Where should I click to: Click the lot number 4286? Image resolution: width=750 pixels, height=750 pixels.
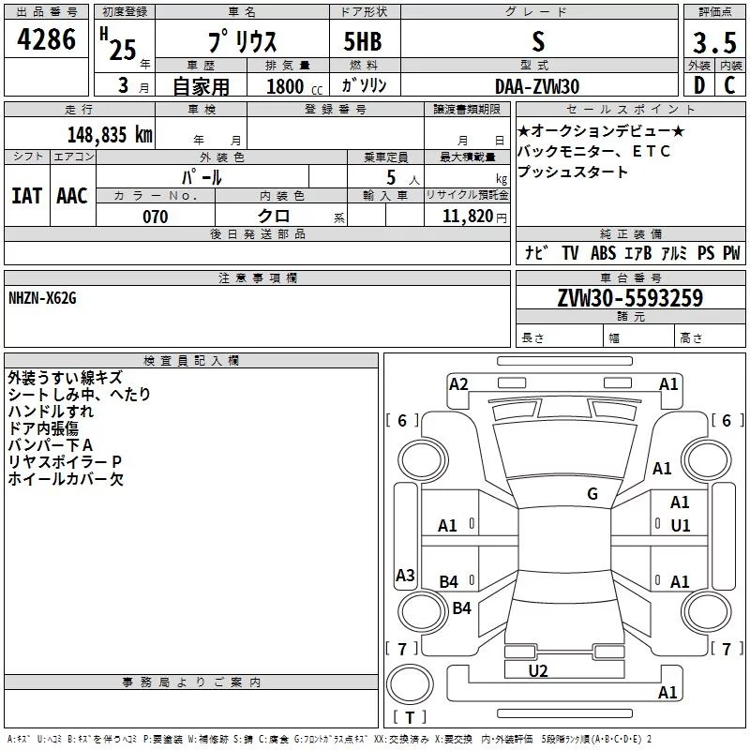click(x=47, y=41)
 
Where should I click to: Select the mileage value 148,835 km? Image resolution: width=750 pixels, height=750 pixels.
click(x=110, y=135)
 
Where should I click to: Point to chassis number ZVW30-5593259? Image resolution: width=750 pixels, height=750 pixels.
click(x=630, y=299)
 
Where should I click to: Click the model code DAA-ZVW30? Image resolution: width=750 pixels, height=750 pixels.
click(x=537, y=85)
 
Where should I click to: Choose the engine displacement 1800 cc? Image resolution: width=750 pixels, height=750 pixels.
click(x=287, y=86)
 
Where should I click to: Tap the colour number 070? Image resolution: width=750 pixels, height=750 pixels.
click(x=155, y=217)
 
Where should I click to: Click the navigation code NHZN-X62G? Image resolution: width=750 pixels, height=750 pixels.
click(x=42, y=298)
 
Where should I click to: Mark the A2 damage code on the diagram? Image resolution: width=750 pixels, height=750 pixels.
click(x=458, y=383)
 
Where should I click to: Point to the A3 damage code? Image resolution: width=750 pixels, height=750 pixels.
click(x=405, y=576)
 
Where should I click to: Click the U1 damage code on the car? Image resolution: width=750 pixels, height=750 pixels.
click(x=681, y=526)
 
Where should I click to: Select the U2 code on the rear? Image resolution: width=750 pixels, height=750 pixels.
click(x=538, y=670)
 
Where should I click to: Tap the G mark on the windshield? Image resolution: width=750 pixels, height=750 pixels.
click(x=592, y=493)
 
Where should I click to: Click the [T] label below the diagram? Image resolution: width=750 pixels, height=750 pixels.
click(x=410, y=718)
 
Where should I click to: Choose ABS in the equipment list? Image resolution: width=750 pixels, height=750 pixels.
click(x=603, y=253)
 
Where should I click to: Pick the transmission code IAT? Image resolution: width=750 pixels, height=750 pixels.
click(x=26, y=195)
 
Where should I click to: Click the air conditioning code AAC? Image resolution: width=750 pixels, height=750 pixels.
click(x=72, y=195)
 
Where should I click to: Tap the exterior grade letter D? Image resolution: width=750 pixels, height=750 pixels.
click(x=699, y=85)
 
